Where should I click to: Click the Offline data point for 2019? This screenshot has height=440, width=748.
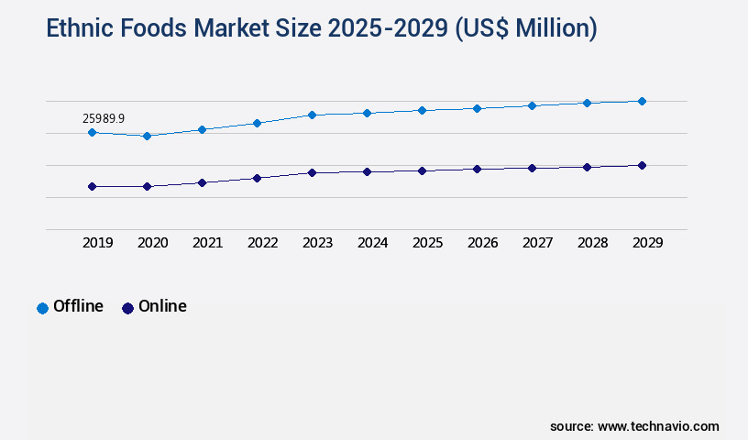92,132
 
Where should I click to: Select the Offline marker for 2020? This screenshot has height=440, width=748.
147,136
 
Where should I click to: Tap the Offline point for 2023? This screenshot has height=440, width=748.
312,115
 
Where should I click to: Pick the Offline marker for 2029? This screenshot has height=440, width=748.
642,101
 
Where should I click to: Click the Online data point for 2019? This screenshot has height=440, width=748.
92,186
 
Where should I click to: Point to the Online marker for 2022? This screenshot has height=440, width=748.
257,178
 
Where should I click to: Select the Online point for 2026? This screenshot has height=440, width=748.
477,169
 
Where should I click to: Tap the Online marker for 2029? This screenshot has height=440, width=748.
642,165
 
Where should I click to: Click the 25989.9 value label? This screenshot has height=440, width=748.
104,118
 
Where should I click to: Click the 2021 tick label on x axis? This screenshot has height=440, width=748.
207,243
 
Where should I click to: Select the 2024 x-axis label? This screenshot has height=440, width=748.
372,243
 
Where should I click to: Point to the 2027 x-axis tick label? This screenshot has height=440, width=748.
537,243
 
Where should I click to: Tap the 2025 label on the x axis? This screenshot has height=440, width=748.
427,243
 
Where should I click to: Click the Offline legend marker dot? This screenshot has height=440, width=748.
42,308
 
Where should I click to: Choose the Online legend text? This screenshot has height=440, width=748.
162,306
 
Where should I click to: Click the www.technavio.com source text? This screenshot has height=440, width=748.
658,426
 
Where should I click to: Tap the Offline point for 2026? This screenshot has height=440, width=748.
477,108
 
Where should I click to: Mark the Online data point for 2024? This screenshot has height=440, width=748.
367,171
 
